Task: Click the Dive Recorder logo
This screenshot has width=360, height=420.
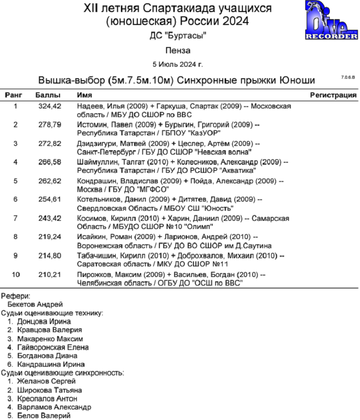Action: tap(331, 21)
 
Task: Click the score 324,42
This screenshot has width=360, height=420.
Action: tap(50, 106)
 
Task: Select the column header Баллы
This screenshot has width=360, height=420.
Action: tap(48, 95)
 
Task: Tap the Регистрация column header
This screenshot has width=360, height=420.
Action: tap(333, 95)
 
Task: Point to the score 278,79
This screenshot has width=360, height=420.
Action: tap(50, 125)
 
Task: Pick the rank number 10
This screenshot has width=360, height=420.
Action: tap(16, 275)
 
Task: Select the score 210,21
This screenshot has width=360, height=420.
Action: tap(50, 275)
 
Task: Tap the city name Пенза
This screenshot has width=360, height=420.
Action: tap(178, 50)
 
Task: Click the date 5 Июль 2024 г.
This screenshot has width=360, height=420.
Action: tap(178, 64)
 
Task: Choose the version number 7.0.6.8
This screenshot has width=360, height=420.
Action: tap(348, 77)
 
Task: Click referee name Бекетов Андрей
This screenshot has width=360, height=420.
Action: tap(35, 304)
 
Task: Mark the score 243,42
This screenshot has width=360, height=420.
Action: tap(50, 218)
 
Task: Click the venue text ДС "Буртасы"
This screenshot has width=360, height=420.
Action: tap(178, 36)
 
